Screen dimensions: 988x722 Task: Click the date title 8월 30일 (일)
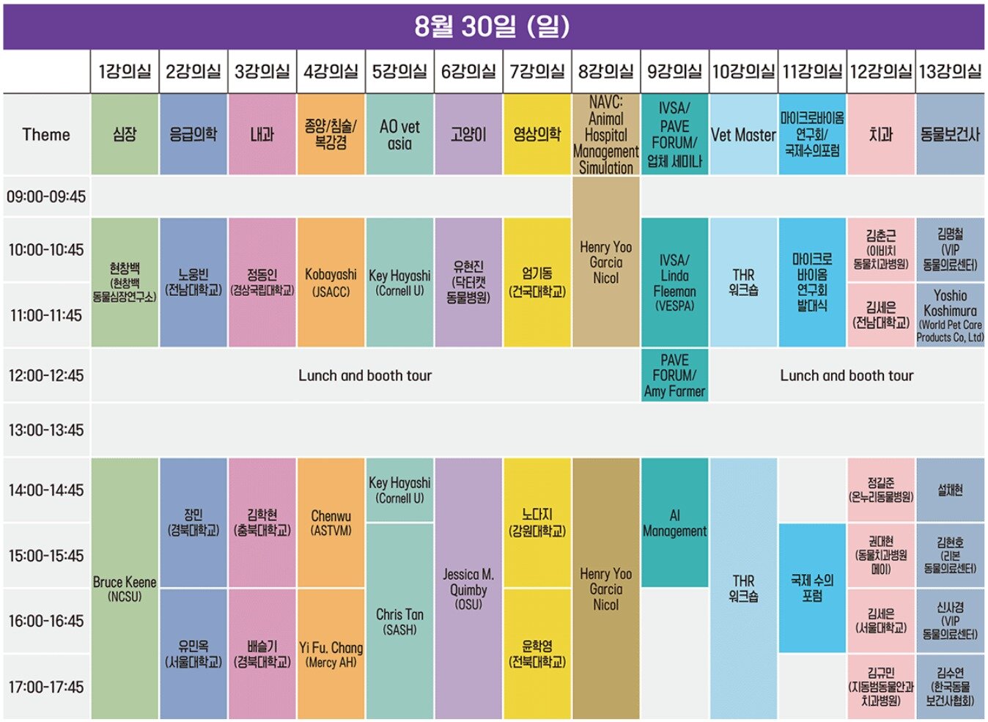(x=493, y=26)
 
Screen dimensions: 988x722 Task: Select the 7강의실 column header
(x=537, y=71)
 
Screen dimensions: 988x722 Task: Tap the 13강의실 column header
(x=950, y=71)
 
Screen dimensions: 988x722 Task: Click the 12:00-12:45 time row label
(x=46, y=375)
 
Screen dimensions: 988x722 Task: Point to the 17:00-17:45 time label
(x=46, y=687)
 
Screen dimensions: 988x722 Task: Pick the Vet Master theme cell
(x=743, y=135)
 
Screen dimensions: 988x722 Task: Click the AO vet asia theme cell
(x=399, y=135)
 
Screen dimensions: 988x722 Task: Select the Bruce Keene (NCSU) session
(x=125, y=589)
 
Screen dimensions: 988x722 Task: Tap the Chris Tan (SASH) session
(x=399, y=621)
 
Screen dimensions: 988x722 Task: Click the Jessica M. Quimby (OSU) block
(x=468, y=589)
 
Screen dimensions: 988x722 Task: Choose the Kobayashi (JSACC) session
(x=331, y=282)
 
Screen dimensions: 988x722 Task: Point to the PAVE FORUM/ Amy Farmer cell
(x=674, y=375)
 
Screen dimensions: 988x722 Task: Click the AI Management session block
(x=674, y=523)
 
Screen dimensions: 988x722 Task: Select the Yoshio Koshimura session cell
(x=950, y=315)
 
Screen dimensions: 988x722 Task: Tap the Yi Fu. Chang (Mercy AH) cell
(x=331, y=654)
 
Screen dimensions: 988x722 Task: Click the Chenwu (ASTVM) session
(x=331, y=523)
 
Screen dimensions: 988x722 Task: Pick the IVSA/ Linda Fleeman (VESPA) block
(x=674, y=282)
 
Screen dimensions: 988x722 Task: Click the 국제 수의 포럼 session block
(x=812, y=588)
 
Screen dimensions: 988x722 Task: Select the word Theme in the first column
(x=46, y=135)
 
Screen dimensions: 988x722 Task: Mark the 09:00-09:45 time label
(x=46, y=196)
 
